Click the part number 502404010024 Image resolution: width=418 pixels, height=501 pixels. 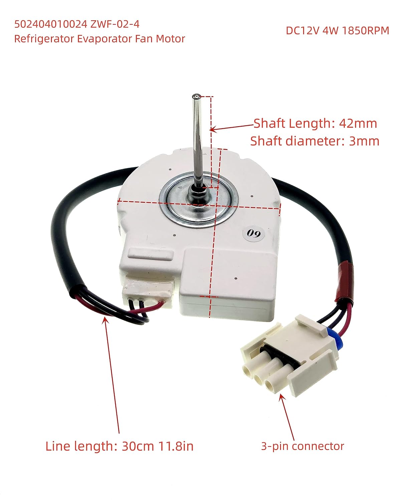click(x=48, y=24)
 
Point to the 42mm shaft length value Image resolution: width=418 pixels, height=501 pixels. click(x=358, y=124)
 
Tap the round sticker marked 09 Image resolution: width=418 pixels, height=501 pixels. click(x=254, y=233)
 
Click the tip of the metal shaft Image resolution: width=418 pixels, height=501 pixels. click(x=196, y=97)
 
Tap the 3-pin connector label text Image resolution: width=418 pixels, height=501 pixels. click(x=302, y=446)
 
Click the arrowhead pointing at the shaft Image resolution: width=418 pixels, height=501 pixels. click(x=213, y=129)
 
